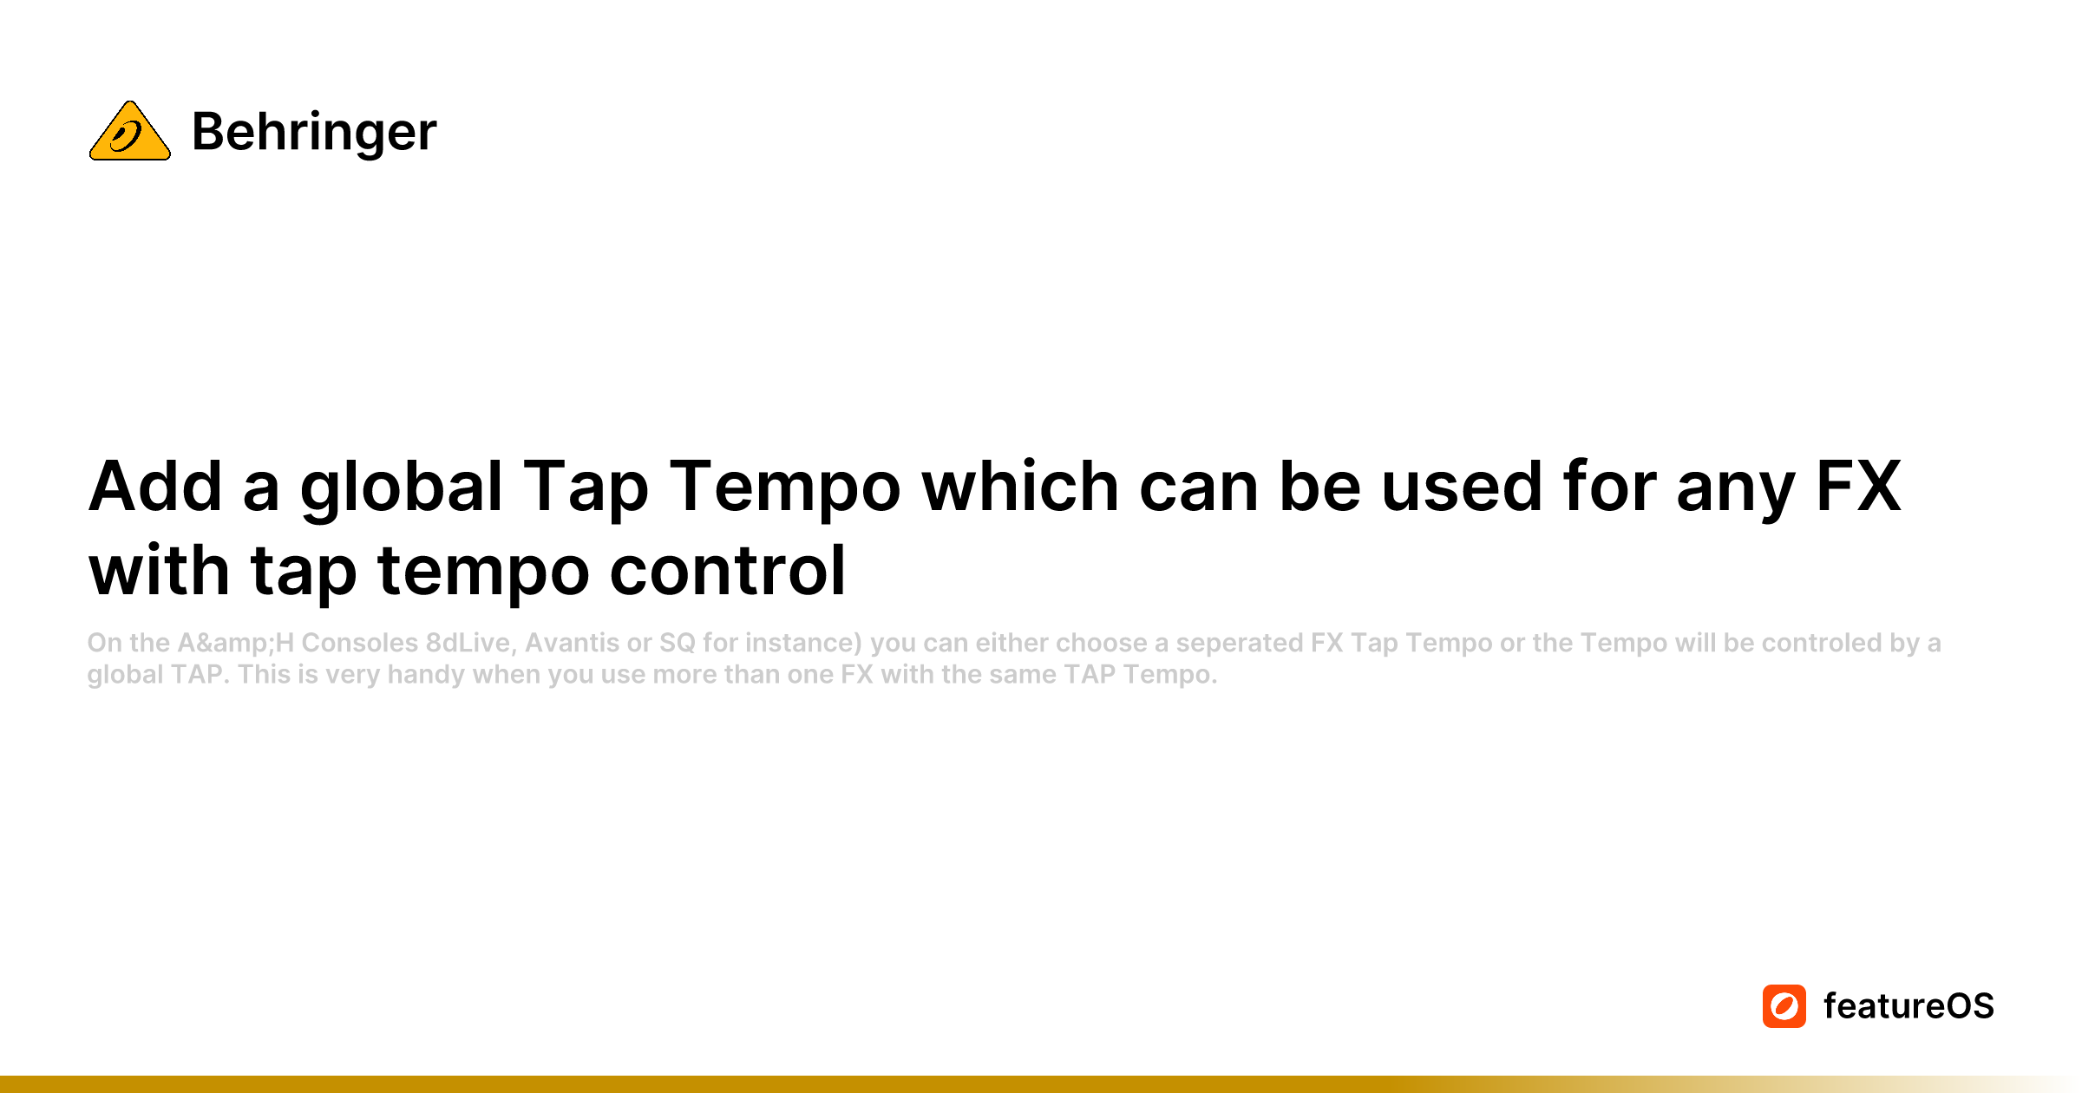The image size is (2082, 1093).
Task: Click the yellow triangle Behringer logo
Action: [x=130, y=131]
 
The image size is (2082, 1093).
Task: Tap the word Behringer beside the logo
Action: [x=314, y=132]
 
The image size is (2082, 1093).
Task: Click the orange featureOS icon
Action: [x=1784, y=1006]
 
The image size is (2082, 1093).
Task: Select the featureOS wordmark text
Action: [x=1908, y=1006]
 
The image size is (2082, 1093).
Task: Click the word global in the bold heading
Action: [x=402, y=490]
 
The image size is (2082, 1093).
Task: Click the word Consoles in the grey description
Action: [x=360, y=643]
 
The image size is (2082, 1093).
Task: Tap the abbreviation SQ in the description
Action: [x=678, y=643]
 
